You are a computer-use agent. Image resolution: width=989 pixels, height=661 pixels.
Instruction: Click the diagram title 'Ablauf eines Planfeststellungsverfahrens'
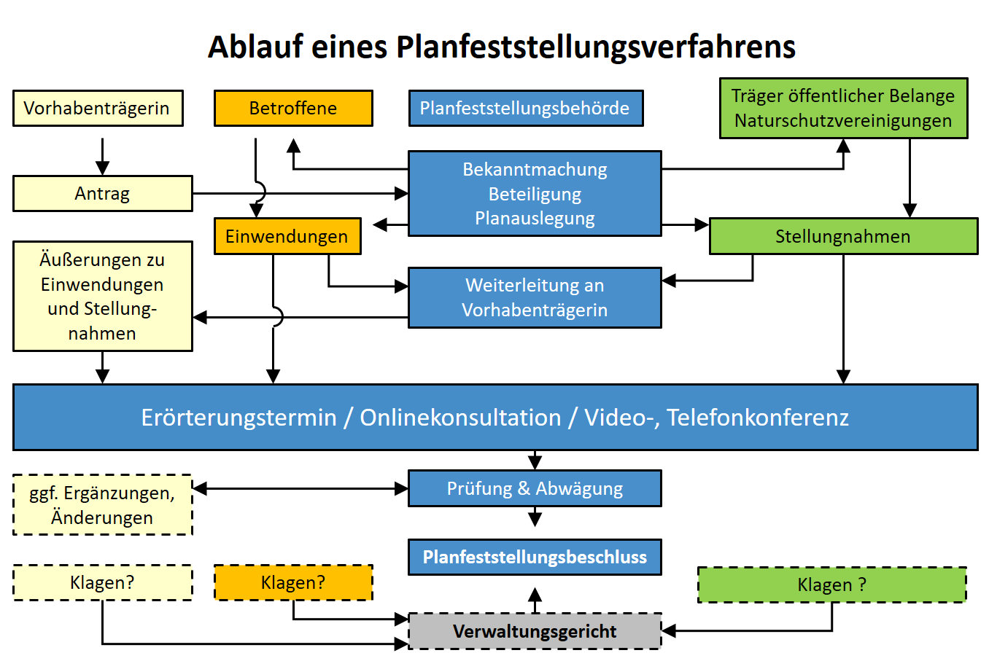(501, 47)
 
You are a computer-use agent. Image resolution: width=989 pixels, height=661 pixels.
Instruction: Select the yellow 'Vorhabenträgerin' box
(97, 109)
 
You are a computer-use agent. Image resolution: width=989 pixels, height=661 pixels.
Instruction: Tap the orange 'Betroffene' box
(293, 109)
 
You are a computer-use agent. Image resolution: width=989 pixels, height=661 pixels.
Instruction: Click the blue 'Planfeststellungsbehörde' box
(525, 109)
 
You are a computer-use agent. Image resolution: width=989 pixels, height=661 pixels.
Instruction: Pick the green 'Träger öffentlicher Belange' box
(843, 108)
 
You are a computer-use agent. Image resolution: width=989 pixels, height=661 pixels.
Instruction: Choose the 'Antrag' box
(102, 194)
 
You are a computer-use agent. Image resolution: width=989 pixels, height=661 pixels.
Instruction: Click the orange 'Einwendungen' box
(287, 236)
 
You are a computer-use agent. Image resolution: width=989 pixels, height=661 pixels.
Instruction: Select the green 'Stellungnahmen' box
(843, 236)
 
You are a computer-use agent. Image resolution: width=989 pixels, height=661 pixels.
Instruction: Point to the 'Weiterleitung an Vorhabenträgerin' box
(535, 297)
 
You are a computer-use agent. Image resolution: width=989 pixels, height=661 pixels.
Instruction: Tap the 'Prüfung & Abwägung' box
(535, 488)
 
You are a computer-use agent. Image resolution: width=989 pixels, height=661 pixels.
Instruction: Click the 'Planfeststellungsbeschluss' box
(535, 558)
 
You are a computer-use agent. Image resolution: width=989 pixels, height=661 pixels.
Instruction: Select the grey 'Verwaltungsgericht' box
(535, 631)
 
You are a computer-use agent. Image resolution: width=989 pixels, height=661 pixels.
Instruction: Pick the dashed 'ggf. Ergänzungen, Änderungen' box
(102, 505)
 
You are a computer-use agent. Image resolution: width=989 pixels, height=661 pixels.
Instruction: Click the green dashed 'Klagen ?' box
(831, 584)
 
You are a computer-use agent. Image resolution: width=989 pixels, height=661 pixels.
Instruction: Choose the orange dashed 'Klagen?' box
(293, 582)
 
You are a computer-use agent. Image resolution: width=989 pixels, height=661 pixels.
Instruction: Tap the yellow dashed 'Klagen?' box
(102, 582)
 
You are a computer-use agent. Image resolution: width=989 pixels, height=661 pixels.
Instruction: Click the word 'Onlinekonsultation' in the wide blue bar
(460, 418)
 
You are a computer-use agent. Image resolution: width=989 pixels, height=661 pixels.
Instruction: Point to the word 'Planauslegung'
(535, 218)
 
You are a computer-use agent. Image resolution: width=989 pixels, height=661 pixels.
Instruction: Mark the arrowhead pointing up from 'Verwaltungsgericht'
(535, 595)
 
